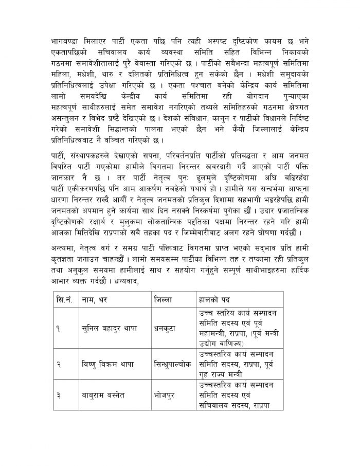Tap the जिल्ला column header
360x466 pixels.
[x=165, y=298]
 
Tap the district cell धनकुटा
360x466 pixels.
[x=166, y=328]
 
